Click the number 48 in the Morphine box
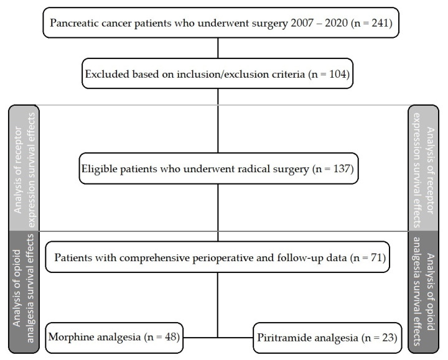click(x=171, y=337)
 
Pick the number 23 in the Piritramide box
click(x=388, y=338)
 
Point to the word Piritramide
click(x=279, y=338)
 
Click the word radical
click(x=254, y=168)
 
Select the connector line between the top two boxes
click(x=218, y=48)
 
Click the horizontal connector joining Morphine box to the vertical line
click(x=200, y=338)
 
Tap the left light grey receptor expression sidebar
click(x=24, y=168)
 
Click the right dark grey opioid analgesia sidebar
click(x=424, y=292)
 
